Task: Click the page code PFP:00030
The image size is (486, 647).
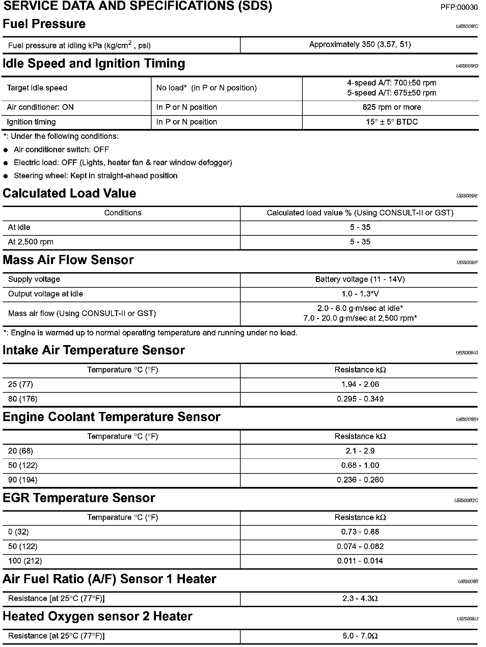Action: coord(459,7)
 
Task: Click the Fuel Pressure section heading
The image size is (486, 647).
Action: coord(44,24)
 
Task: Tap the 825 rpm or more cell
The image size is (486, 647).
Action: coord(391,107)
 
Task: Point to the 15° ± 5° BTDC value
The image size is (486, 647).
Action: coord(391,122)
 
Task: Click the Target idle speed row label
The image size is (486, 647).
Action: coord(37,88)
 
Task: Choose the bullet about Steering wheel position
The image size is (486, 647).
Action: coord(96,176)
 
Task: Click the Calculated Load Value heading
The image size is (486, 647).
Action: coord(70,193)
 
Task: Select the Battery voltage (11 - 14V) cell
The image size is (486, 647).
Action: coord(360,280)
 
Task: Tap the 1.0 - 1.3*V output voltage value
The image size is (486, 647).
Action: coord(360,294)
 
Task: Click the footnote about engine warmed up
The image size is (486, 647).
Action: coord(151,333)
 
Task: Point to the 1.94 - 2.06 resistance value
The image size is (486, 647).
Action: coord(360,385)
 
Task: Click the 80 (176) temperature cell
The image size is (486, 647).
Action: coord(23,399)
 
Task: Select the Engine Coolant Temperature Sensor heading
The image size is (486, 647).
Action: coord(111,417)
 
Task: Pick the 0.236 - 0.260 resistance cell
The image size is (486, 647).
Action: coord(360,480)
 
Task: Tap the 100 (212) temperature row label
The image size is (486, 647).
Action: coord(25,561)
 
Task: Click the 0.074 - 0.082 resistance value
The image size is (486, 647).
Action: coord(360,547)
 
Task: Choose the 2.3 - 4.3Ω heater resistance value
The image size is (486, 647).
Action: coord(360,599)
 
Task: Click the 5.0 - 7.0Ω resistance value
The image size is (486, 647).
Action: coord(360,636)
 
